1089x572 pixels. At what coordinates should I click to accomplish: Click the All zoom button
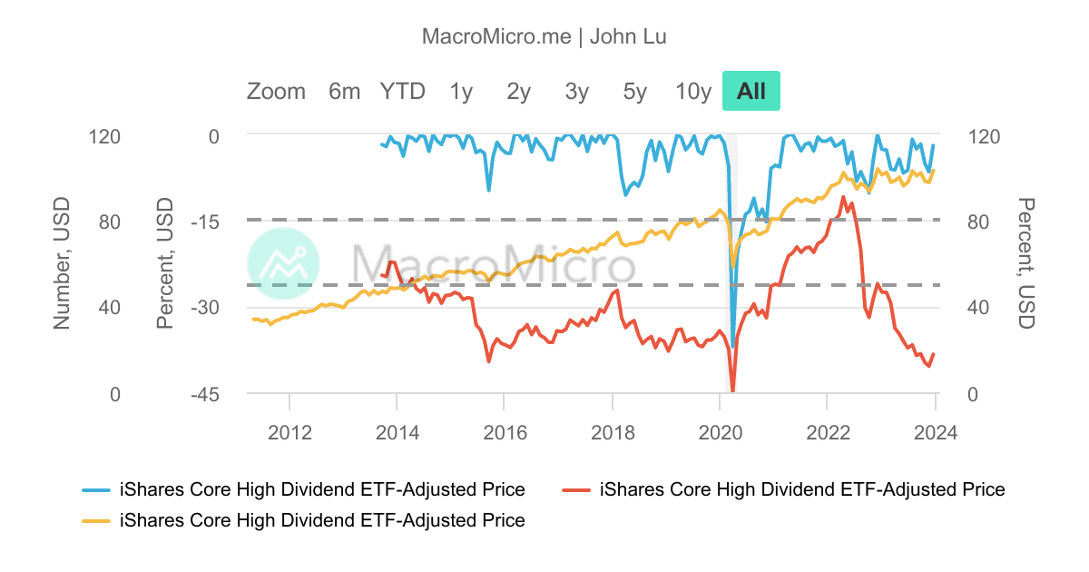[x=751, y=91]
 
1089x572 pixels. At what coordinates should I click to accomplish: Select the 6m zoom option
[x=344, y=92]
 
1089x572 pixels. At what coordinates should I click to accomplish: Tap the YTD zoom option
[x=403, y=92]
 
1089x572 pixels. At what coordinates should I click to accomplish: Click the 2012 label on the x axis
[x=289, y=432]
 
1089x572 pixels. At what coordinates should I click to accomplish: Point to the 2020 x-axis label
[x=721, y=432]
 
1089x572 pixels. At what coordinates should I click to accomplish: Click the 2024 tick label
[x=936, y=432]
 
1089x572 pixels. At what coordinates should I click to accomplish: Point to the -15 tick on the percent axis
[x=205, y=222]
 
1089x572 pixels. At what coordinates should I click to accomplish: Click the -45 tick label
[x=205, y=394]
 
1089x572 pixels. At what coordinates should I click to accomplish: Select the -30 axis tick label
[x=205, y=308]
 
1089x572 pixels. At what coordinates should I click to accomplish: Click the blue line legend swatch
[x=96, y=490]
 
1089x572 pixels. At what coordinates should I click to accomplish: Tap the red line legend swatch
[x=576, y=490]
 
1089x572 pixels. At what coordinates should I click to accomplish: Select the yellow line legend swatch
[x=96, y=521]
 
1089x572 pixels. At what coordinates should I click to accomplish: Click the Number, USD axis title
[x=62, y=263]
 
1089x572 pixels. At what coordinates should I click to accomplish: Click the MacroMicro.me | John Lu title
[x=544, y=36]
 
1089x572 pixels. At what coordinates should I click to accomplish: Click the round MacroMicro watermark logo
[x=283, y=263]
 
